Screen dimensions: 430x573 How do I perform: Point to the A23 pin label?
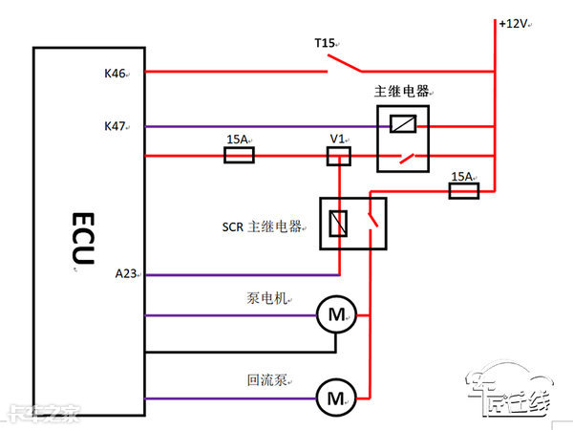click(125, 275)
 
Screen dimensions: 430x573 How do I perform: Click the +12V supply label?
click(514, 23)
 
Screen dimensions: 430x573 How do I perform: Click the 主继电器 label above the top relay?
click(401, 92)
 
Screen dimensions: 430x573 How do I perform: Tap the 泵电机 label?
click(266, 297)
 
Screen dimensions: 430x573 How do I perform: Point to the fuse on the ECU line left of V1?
click(238, 156)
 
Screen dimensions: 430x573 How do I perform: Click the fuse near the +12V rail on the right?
click(463, 191)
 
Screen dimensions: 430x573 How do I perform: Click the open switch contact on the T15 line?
click(346, 65)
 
